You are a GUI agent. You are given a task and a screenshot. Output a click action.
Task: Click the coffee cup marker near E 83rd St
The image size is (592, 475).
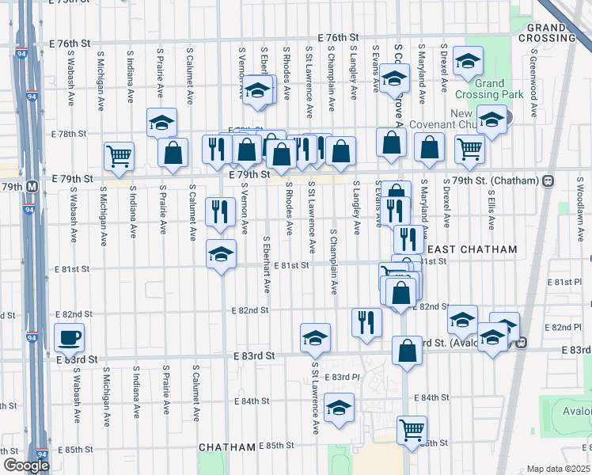click(x=69, y=337)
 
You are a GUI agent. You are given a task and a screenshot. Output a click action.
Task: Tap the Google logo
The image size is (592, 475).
click(x=26, y=465)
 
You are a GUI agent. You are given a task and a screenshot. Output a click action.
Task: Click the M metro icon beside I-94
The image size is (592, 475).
click(x=32, y=187)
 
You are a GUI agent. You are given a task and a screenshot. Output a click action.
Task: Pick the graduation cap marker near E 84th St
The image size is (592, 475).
click(x=339, y=408)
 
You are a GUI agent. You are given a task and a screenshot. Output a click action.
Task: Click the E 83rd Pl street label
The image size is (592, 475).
click(x=345, y=376)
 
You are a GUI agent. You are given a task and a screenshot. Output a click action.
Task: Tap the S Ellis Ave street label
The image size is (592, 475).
click(x=491, y=208)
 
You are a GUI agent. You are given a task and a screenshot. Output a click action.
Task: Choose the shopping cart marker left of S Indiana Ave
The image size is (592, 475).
click(x=119, y=155)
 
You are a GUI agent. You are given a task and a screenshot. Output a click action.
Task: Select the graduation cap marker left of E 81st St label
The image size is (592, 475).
click(x=222, y=255)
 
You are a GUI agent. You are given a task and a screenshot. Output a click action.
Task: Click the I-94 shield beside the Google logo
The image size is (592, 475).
click(x=43, y=455)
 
